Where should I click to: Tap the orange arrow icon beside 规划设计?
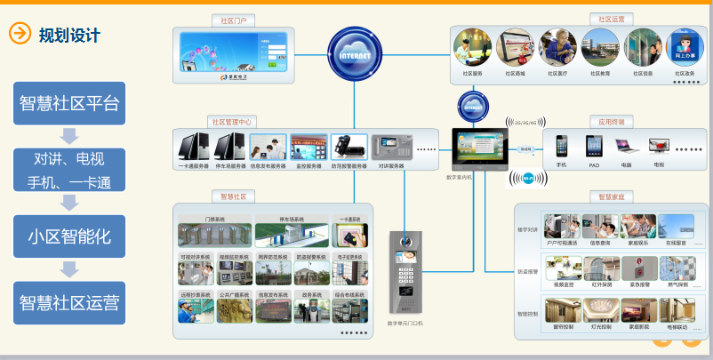pyautogui.click(x=19, y=34)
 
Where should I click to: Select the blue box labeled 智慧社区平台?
pyautogui.click(x=68, y=103)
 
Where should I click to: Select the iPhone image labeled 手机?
pyautogui.click(x=562, y=146)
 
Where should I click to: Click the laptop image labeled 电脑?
pyautogui.click(x=626, y=146)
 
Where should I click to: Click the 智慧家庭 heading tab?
pyautogui.click(x=613, y=196)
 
